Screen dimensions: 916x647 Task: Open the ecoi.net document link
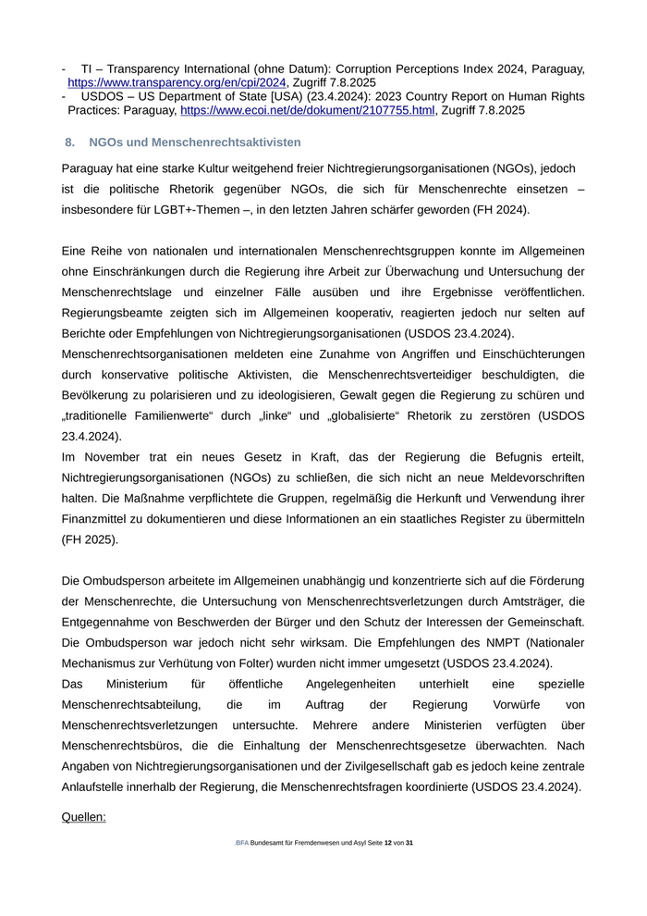coord(307,109)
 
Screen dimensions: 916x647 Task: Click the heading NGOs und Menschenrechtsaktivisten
coord(195,142)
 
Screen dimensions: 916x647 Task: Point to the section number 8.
coord(69,142)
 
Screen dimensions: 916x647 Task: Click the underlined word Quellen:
coord(84,817)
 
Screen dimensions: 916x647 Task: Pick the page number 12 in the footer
coord(388,843)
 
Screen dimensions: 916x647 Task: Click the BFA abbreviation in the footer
coord(242,843)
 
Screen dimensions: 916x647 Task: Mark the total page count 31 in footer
coord(409,843)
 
